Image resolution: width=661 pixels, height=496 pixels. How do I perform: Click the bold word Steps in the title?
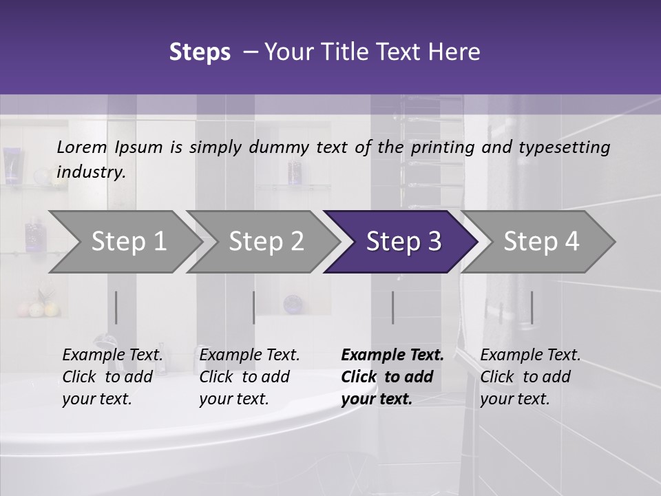(200, 52)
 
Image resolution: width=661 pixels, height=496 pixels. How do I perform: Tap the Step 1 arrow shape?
(128, 242)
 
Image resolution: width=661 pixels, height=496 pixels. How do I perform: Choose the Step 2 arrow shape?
(266, 242)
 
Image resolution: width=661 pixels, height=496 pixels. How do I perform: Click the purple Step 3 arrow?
(403, 242)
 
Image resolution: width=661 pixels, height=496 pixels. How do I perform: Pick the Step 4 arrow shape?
(541, 242)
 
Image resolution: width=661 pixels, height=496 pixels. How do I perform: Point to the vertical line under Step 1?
(116, 307)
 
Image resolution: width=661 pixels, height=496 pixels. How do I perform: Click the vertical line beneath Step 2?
(254, 307)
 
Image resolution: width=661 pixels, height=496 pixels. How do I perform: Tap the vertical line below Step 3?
(392, 307)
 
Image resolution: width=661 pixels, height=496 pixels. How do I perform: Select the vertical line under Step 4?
(532, 307)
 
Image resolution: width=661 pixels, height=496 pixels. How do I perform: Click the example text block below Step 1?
(112, 377)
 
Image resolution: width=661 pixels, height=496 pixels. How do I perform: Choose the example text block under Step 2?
(249, 377)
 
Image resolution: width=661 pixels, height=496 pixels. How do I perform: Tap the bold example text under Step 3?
(392, 377)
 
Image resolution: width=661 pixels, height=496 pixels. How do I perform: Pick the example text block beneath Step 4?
(530, 377)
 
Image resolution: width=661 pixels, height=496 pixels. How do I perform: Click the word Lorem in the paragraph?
(82, 147)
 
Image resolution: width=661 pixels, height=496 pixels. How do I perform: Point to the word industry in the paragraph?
(91, 172)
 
